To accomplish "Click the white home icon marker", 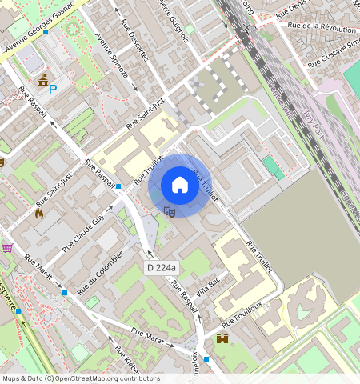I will [180, 186].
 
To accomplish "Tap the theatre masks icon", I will [169, 211].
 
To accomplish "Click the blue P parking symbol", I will [53, 90].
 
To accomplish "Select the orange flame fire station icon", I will [39, 214].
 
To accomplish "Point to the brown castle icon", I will [222, 338].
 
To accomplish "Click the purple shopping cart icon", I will [7, 248].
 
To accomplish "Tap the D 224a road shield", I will [162, 267].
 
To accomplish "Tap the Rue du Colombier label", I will [100, 271].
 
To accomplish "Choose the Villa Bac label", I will [207, 284].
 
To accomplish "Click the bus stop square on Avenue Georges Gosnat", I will [46, 32].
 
